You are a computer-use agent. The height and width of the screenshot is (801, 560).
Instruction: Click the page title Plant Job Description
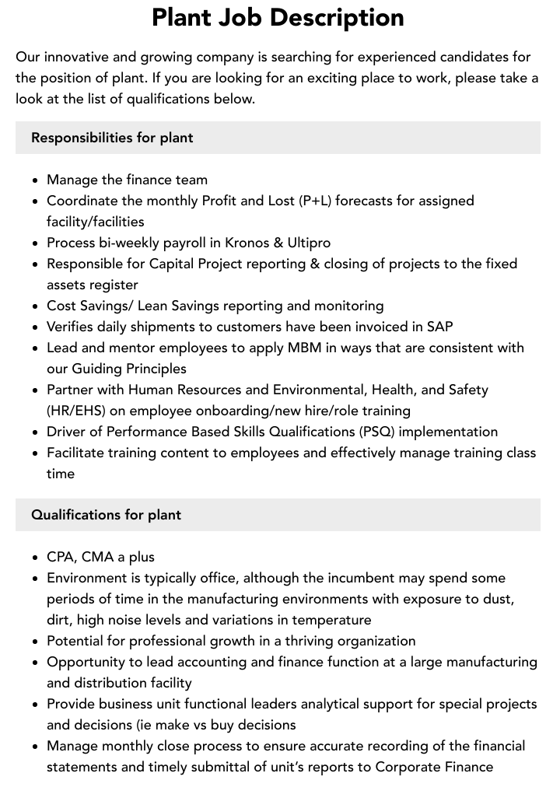coord(278,17)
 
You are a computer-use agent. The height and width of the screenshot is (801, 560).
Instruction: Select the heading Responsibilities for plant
coord(112,138)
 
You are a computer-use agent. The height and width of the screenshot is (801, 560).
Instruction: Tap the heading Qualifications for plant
coord(106,515)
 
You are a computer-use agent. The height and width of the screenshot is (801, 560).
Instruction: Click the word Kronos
coord(250,243)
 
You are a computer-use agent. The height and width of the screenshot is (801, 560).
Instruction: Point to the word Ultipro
coord(309,243)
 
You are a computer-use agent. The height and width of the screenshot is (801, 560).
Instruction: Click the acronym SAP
coord(439,327)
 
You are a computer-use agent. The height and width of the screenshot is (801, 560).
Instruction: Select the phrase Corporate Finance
coord(434,767)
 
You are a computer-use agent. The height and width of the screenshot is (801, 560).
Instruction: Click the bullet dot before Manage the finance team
coord(36,180)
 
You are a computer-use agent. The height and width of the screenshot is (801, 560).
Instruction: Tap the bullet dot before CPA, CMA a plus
coord(36,558)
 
